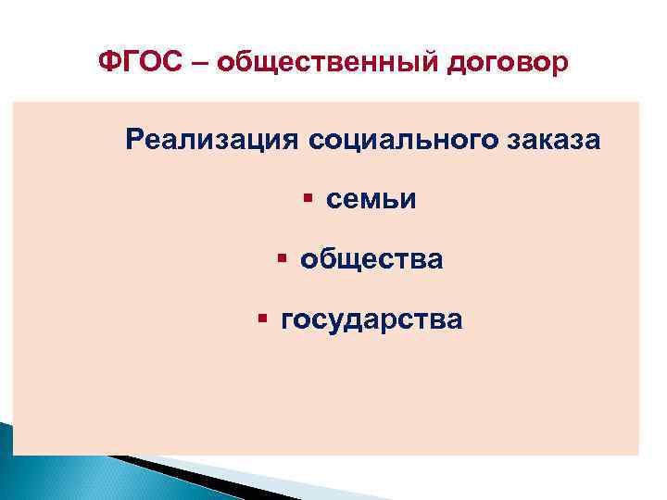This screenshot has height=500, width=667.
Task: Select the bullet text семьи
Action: pos(371,200)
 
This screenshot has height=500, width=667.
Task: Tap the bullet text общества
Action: pos(371,260)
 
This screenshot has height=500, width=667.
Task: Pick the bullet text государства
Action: pos(371,320)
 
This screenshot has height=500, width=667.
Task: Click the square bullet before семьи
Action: pos(307,198)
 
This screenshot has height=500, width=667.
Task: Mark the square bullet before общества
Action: pos(281,258)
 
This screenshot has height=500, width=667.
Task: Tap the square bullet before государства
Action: pos(262,319)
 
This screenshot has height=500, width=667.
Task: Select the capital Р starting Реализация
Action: pos(134,141)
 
